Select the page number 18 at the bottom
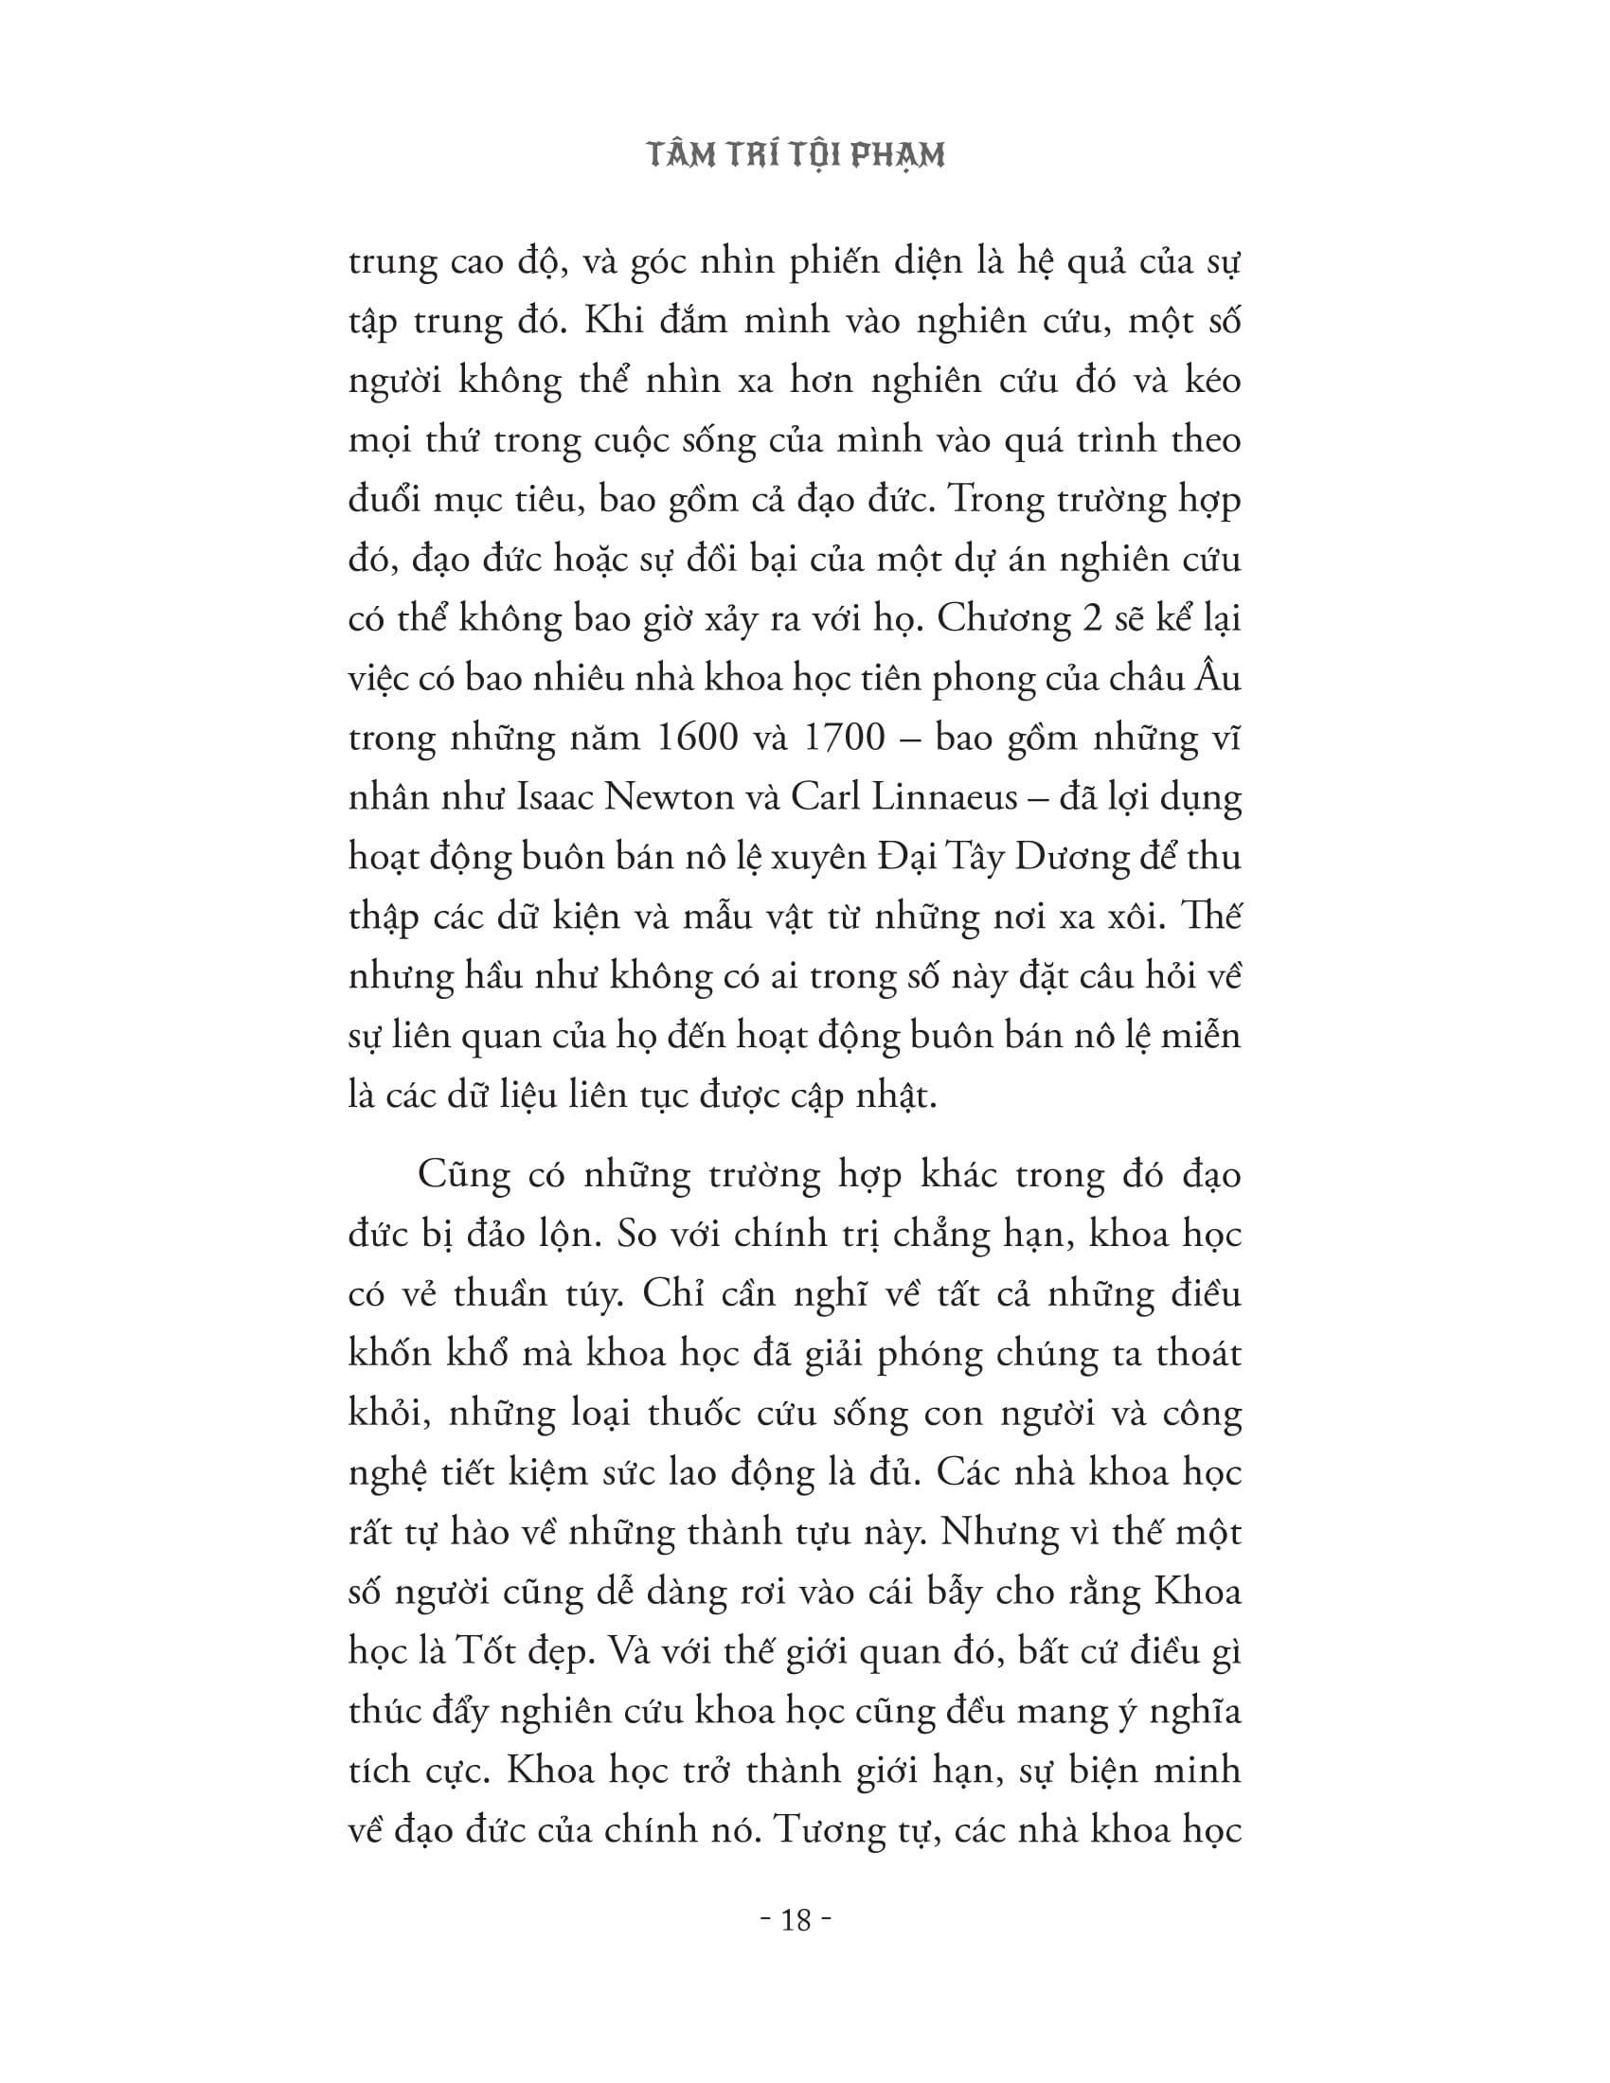pyautogui.click(x=796, y=1919)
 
